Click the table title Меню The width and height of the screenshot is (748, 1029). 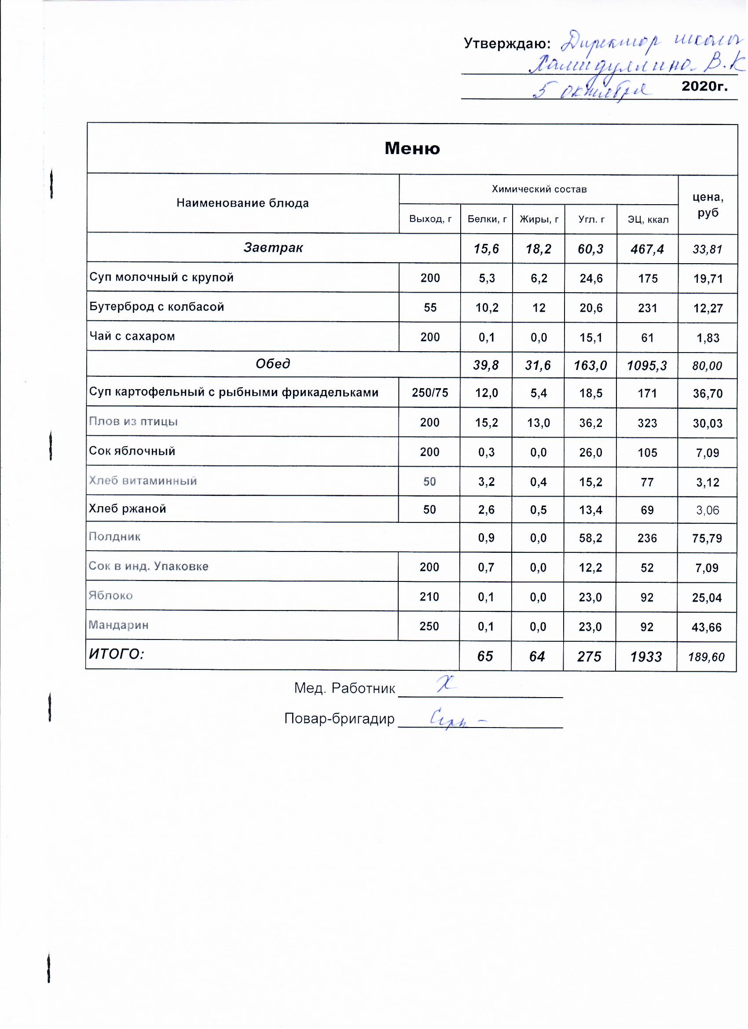pyautogui.click(x=412, y=148)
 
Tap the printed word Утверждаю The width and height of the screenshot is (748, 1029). pyautogui.click(x=507, y=44)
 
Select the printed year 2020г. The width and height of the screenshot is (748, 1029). pyautogui.click(x=704, y=86)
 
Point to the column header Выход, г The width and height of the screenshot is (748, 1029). pyautogui.click(x=430, y=219)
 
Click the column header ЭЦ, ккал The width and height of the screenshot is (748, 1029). pyautogui.click(x=648, y=220)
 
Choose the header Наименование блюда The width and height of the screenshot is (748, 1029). pyautogui.click(x=243, y=203)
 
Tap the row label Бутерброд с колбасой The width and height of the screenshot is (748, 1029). pyautogui.click(x=157, y=307)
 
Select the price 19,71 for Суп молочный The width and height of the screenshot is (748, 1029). pyautogui.click(x=708, y=279)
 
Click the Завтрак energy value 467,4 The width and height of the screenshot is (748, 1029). pyautogui.click(x=647, y=249)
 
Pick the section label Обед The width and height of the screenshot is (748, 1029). pyautogui.click(x=273, y=364)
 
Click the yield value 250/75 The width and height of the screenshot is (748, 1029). pyautogui.click(x=429, y=393)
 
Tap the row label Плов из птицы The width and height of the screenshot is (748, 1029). pyautogui.click(x=133, y=422)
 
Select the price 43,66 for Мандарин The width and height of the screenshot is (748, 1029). pyautogui.click(x=707, y=627)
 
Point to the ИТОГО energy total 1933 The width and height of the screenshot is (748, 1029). pyautogui.click(x=646, y=657)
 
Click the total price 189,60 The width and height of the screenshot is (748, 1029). pyautogui.click(x=706, y=657)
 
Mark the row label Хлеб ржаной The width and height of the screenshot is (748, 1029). pyautogui.click(x=128, y=509)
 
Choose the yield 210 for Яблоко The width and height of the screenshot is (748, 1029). pyautogui.click(x=429, y=597)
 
